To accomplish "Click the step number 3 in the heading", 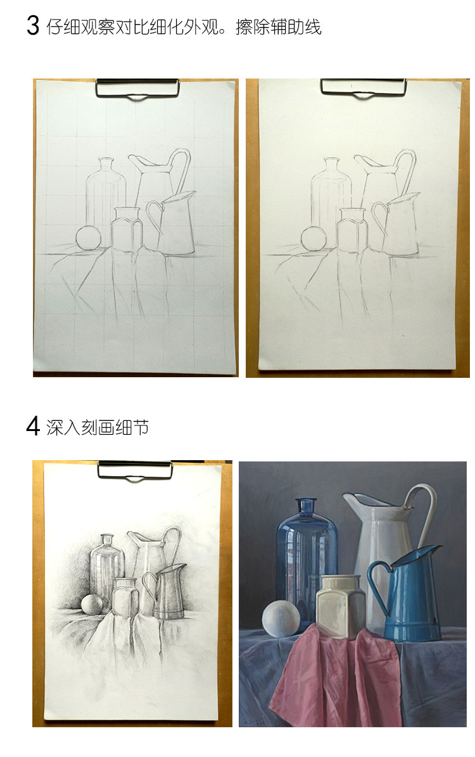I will pos(33,26).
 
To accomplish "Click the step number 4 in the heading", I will pos(33,426).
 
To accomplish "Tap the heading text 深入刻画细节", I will pos(98,427).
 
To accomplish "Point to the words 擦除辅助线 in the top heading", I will pos(278,27).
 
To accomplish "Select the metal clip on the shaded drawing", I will pos(134,470).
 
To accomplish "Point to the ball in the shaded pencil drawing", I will pos(92,604).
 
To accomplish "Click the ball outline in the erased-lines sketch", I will pos(313,240).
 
